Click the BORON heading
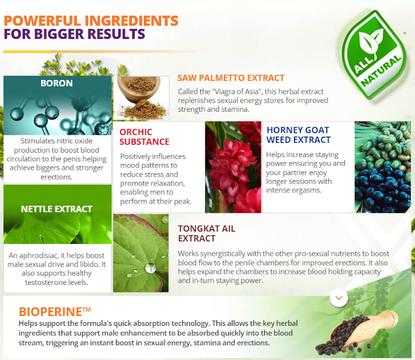pos(56,83)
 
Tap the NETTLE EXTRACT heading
pos(56,209)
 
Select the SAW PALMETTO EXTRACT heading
pos(231,78)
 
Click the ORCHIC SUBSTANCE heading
pos(145,137)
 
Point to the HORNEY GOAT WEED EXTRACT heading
pos(298,135)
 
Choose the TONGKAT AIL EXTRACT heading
pos(207,233)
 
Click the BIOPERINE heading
pos(55,312)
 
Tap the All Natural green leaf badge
pos(374,55)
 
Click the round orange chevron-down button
pos(339,298)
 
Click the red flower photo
pos(233,167)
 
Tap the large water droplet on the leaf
pos(151,268)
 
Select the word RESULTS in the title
pos(116,34)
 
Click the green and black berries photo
pos(383,167)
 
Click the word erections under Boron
pos(56,177)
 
